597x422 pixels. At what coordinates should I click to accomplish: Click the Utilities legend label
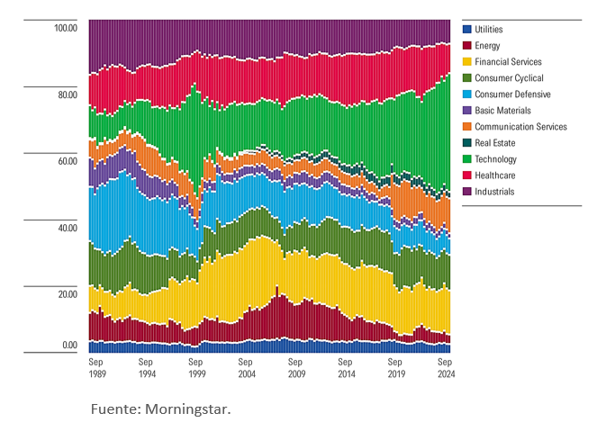coord(494,30)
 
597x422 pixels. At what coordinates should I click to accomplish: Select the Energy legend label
coord(490,46)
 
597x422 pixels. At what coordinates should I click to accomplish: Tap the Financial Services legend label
coord(508,62)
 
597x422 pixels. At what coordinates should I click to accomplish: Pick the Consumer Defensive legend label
coord(512,94)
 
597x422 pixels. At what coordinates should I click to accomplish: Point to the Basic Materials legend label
coord(502,111)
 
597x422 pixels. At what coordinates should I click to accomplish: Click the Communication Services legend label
coord(520,127)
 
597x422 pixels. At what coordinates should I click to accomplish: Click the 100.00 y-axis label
coord(65,28)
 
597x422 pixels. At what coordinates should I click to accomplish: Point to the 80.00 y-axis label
coord(67,94)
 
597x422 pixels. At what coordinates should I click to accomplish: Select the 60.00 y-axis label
coord(67,161)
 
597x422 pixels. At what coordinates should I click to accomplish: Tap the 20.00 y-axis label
coord(67,295)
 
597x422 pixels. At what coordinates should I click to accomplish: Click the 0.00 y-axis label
coord(69,346)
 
